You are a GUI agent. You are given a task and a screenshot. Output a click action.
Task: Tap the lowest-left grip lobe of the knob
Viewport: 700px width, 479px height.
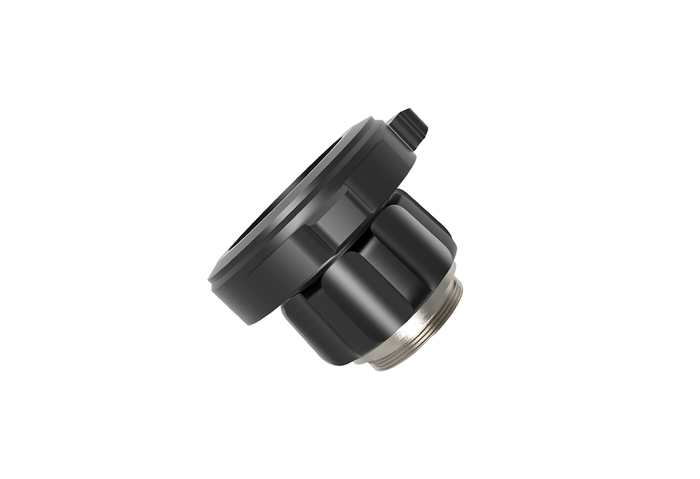(311, 326)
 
